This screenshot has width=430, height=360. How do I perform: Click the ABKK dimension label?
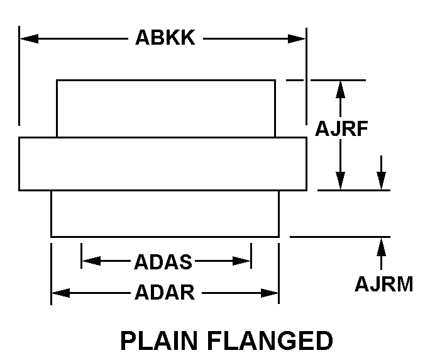[x=165, y=38]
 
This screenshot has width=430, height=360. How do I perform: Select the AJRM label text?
[x=383, y=284]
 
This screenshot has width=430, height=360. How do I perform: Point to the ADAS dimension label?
[x=163, y=261]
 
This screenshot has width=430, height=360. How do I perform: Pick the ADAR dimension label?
[x=164, y=293]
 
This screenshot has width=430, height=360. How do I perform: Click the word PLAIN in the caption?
[x=160, y=340]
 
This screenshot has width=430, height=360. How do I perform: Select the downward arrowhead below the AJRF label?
[x=340, y=181]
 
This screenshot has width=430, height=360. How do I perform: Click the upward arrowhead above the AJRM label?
[x=381, y=245]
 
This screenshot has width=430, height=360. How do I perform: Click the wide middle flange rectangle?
[x=163, y=163]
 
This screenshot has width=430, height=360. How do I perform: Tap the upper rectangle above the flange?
[x=166, y=108]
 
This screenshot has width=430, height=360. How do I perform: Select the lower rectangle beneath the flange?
[x=165, y=213]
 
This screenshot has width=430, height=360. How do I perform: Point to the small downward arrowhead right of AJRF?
[x=381, y=181]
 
